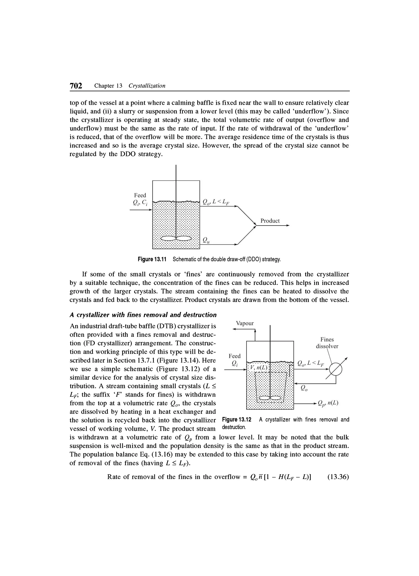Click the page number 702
tap(76, 86)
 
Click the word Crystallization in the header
tap(147, 86)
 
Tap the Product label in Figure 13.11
tap(270, 221)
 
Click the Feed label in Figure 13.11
tap(140, 195)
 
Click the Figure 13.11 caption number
tap(152, 259)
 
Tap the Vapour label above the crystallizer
tap(244, 323)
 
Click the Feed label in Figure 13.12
tap(234, 356)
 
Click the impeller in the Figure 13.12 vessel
tap(270, 398)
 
